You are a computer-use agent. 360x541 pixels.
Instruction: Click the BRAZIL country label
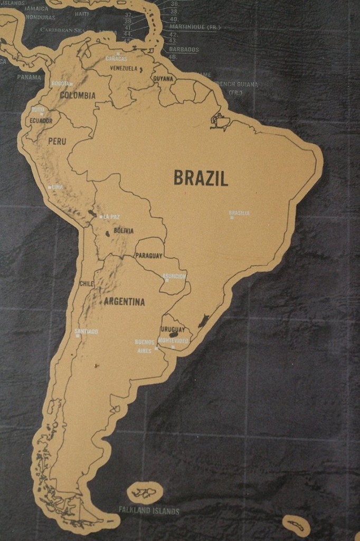201,179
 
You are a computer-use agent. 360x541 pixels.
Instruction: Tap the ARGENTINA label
124,302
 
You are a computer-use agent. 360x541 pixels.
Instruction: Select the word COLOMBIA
78,96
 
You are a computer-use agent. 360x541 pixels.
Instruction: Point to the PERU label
57,142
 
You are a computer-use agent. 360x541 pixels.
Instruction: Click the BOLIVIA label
124,231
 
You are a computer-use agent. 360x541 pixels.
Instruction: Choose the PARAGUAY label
149,256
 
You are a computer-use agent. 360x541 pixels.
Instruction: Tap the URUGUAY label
173,330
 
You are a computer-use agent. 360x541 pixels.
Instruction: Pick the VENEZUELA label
124,69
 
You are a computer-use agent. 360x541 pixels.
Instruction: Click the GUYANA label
163,79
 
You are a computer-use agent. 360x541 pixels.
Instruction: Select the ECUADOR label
41,121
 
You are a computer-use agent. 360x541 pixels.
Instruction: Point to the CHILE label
86,284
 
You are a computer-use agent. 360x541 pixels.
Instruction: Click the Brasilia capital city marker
232,217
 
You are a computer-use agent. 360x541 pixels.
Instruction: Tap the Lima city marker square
50,187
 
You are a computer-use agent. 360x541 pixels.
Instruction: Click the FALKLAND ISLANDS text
149,511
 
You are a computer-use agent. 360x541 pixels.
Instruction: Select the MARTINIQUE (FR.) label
195,26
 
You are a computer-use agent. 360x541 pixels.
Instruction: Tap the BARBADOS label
184,50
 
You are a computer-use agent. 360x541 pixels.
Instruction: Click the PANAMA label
29,77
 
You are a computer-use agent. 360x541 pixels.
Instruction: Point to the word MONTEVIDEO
174,341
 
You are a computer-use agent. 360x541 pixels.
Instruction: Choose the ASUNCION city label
174,276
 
